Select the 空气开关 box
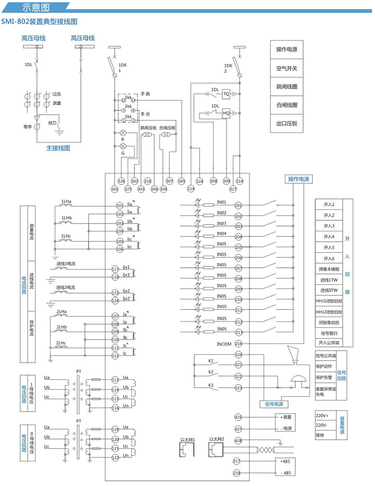pyautogui.click(x=287, y=68)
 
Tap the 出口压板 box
pyautogui.click(x=287, y=123)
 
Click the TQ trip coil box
pyautogui.click(x=226, y=94)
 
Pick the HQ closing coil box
pyautogui.click(x=226, y=113)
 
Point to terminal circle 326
pyautogui.click(x=121, y=181)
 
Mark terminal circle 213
pyautogui.click(x=239, y=332)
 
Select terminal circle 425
pyautogui.click(x=239, y=417)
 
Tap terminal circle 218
pyautogui.click(x=237, y=473)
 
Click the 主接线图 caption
pyautogui.click(x=58, y=148)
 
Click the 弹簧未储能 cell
pyautogui.click(x=329, y=269)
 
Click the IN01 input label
pyautogui.click(x=221, y=202)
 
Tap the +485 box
pyautogui.click(x=285, y=462)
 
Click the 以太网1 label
pyautogui.click(x=187, y=440)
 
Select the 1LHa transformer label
pyautogui.click(x=67, y=201)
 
